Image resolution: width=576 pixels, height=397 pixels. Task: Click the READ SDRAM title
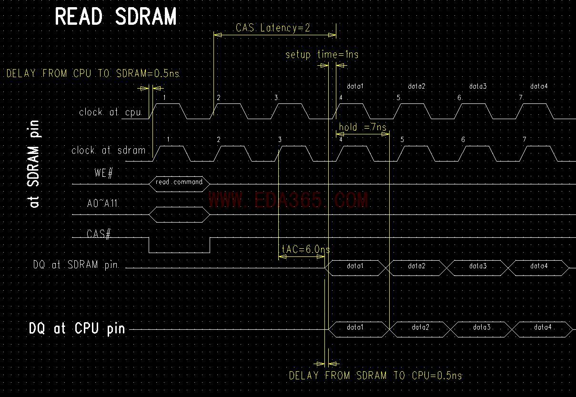click(x=116, y=17)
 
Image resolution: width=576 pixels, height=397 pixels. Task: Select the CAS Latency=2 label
click(x=273, y=28)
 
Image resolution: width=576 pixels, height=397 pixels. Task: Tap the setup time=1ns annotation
click(x=322, y=54)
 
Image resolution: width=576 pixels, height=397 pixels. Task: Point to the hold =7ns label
click(x=362, y=127)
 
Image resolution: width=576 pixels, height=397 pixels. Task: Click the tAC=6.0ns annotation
click(x=305, y=249)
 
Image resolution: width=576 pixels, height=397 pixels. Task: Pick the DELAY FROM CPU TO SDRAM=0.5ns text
click(x=93, y=74)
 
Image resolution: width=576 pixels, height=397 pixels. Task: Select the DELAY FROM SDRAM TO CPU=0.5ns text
click(x=375, y=376)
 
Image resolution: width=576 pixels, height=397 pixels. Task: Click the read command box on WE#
click(x=179, y=182)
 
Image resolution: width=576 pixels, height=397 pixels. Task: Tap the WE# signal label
click(x=103, y=173)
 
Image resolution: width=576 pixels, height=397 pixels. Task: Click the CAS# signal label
click(x=99, y=234)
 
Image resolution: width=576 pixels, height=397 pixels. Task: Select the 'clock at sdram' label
click(x=108, y=150)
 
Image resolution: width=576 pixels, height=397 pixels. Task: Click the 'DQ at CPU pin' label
click(x=77, y=328)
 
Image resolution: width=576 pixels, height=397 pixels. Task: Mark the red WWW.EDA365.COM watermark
click(x=288, y=200)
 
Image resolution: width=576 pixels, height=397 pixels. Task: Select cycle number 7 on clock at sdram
click(x=525, y=140)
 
